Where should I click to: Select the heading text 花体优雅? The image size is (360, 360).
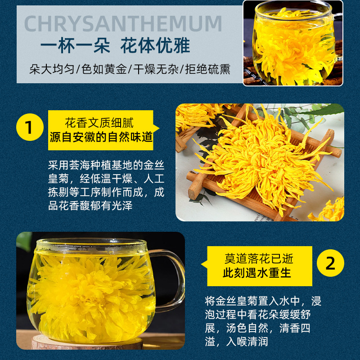[155, 47]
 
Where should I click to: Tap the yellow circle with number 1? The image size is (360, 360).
[29, 128]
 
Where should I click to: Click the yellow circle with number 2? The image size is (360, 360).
[330, 263]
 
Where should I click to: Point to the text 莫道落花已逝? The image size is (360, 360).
[259, 258]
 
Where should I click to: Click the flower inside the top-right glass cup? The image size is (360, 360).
[288, 49]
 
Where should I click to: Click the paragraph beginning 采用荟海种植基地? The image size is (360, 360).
[106, 185]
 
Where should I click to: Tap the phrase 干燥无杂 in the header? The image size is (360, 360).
[155, 69]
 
